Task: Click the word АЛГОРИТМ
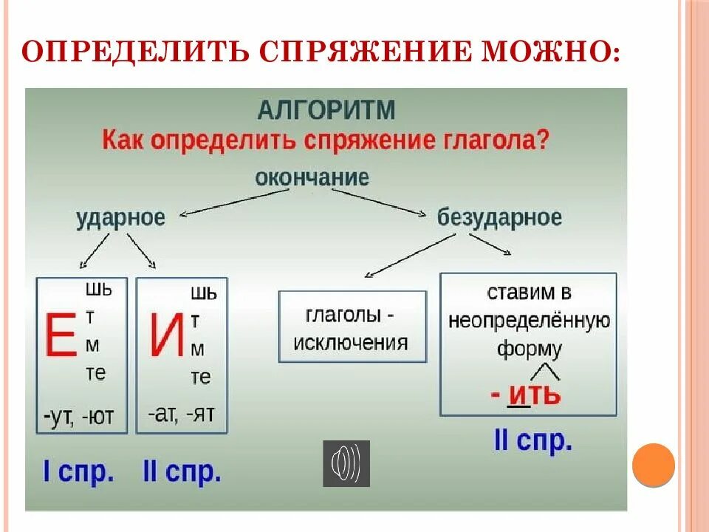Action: point(326,110)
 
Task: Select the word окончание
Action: point(312,177)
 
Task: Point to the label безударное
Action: point(499,217)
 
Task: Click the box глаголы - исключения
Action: point(352,327)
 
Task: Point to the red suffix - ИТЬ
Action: point(526,395)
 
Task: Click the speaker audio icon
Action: point(346,463)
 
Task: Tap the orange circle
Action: point(654,464)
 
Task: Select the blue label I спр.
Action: point(79,471)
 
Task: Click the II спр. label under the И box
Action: point(182,471)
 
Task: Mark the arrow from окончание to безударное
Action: point(380,202)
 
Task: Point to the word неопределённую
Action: point(528,321)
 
